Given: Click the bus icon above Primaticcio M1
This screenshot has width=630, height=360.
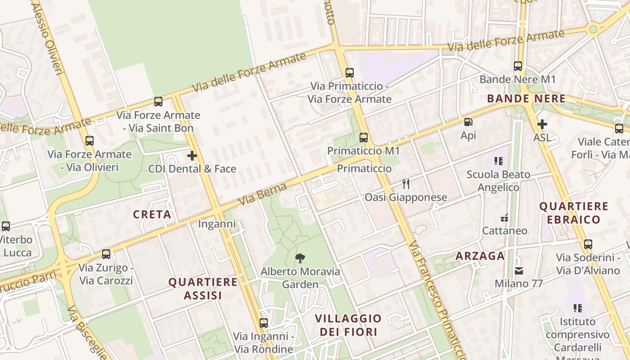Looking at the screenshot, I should click(364, 138).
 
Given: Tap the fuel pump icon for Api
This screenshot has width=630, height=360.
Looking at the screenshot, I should click(468, 122).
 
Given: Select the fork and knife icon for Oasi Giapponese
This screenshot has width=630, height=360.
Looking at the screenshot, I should click(406, 184).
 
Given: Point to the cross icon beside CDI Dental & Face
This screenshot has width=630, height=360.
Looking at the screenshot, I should click(192, 156).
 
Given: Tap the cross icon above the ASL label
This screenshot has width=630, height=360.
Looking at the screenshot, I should click(542, 124).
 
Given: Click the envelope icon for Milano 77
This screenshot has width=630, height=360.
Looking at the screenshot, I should click(519, 270).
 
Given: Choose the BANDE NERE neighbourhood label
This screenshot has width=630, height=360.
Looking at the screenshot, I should click(526, 99).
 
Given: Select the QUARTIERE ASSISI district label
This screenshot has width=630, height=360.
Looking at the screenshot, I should click(202, 288).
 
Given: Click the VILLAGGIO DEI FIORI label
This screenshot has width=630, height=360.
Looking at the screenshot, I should click(348, 325).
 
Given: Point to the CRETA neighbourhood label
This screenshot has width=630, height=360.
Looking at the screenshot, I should click(152, 215).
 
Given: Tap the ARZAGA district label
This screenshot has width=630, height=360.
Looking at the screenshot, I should click(480, 256).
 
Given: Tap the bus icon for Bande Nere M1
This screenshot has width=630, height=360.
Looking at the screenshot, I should click(518, 66).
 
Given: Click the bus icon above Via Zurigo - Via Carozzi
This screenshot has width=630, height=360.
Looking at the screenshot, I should click(106, 254).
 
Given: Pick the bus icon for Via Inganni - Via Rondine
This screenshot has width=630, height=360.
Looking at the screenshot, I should click(264, 323).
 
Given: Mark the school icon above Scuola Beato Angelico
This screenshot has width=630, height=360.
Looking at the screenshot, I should click(498, 161).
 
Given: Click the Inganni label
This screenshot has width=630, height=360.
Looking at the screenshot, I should click(217, 224).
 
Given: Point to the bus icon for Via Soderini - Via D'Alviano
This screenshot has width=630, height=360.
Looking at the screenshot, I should click(588, 244).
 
